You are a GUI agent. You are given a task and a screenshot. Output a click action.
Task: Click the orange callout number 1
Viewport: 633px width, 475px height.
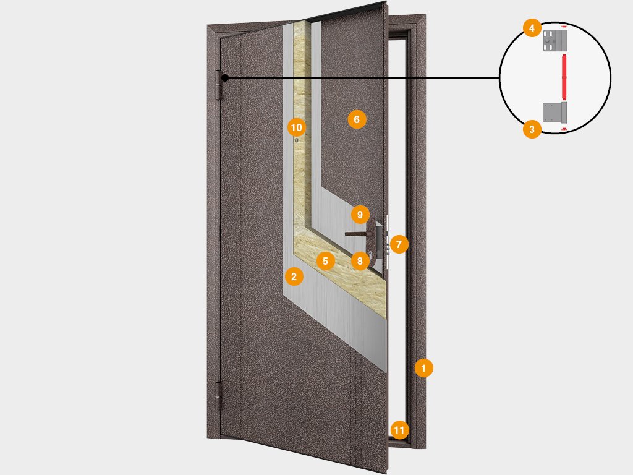click(x=423, y=368)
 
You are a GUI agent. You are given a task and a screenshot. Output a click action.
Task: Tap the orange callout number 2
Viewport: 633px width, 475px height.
click(x=294, y=276)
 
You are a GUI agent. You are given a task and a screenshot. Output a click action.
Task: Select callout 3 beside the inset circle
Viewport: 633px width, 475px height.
click(x=532, y=129)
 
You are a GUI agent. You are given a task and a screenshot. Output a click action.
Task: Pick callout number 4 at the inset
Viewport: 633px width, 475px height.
click(x=532, y=28)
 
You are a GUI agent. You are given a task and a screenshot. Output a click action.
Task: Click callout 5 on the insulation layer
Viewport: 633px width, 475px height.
click(x=325, y=261)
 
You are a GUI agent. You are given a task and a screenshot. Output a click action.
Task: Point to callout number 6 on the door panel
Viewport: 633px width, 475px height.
click(x=357, y=119)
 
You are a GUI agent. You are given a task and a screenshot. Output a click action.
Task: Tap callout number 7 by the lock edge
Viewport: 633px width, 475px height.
click(x=399, y=244)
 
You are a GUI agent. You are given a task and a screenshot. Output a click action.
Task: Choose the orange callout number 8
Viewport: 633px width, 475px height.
click(x=360, y=261)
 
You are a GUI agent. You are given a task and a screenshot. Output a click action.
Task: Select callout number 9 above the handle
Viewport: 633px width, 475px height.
click(x=360, y=215)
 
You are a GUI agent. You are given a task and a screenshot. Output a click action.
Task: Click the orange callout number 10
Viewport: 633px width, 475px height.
click(x=296, y=127)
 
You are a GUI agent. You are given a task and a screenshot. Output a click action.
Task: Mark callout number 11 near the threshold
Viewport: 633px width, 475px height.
click(x=399, y=430)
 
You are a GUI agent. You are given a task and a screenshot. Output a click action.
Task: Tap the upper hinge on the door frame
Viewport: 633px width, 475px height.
click(x=219, y=85)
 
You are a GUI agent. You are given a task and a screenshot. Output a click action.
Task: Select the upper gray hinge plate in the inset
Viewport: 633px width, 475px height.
click(x=555, y=40)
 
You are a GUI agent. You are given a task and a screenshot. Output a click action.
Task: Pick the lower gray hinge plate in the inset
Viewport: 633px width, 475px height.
click(x=555, y=113)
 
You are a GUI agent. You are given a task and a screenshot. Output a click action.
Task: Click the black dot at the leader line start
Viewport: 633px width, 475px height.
click(x=225, y=77)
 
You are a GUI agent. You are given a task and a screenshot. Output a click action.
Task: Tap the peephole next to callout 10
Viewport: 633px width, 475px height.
click(x=297, y=140)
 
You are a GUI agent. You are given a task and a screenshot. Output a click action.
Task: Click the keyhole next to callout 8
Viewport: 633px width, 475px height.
click(x=370, y=254)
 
